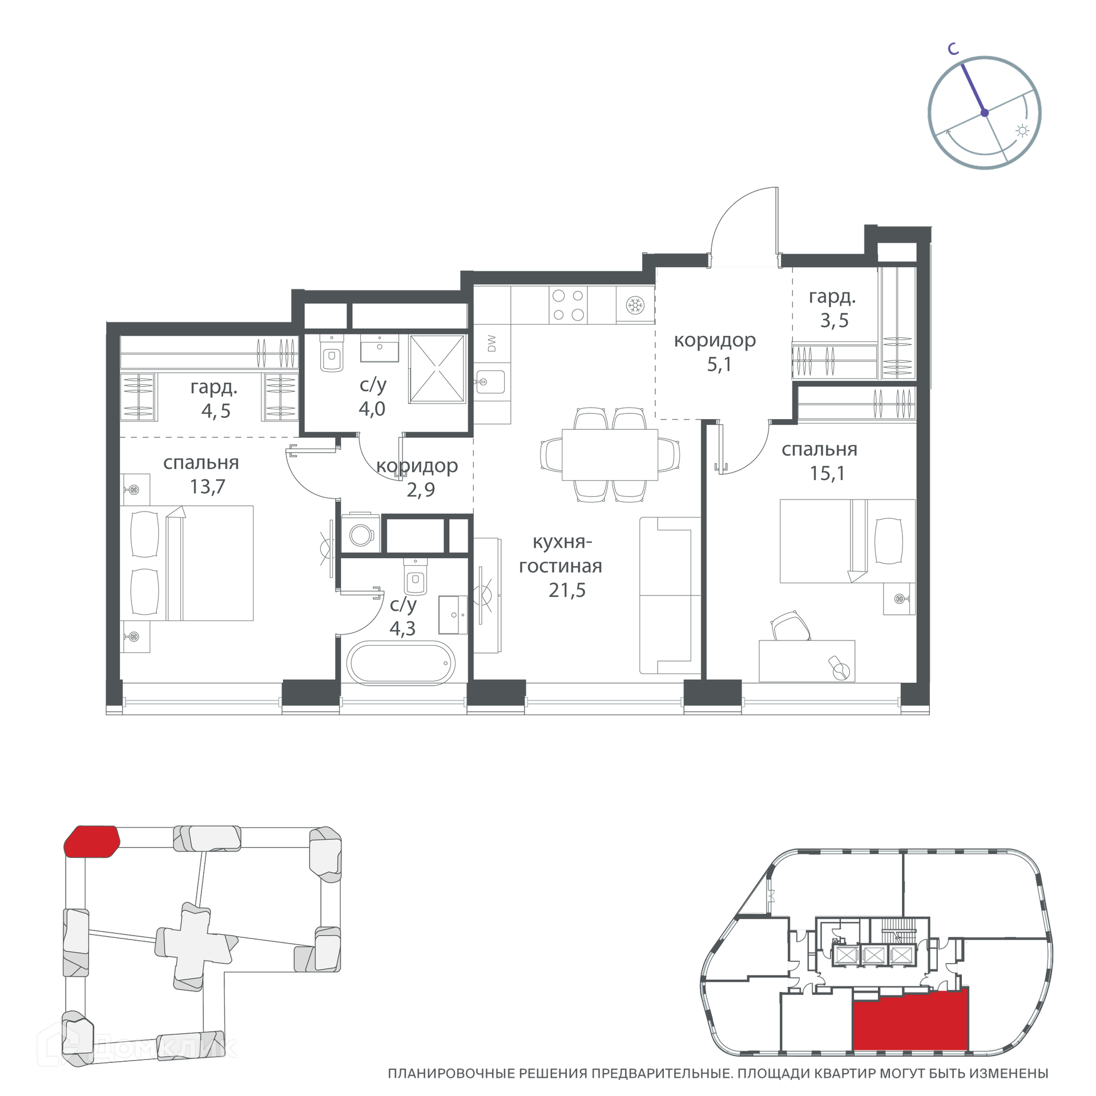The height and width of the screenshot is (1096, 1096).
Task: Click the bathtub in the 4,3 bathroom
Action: (401, 663)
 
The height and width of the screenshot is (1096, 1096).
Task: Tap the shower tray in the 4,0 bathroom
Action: (437, 369)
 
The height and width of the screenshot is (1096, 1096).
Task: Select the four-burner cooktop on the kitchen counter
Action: (568, 304)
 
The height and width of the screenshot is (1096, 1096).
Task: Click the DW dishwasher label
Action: (491, 343)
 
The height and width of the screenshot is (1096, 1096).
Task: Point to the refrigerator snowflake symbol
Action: (634, 305)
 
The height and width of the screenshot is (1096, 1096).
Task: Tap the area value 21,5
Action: (567, 590)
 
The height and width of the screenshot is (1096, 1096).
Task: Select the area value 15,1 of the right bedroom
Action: (827, 473)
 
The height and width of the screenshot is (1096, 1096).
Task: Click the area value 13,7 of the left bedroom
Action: (207, 486)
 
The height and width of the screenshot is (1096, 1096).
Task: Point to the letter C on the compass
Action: (953, 49)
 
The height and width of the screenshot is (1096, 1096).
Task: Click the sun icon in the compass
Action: (1022, 131)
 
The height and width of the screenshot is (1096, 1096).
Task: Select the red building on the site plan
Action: (91, 841)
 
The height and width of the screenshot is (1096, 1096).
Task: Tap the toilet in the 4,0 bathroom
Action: (332, 353)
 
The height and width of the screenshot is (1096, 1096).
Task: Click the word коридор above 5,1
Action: (715, 341)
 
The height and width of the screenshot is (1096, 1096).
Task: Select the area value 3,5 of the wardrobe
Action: (834, 321)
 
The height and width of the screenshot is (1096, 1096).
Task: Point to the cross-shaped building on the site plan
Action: (196, 946)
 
